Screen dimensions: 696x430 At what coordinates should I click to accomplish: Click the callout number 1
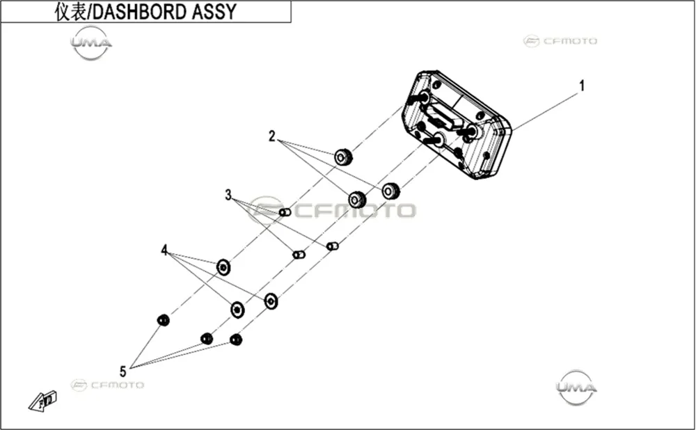(582, 86)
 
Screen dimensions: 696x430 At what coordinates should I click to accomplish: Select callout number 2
(271, 136)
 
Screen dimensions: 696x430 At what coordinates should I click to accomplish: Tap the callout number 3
(228, 195)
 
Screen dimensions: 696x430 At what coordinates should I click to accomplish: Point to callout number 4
(164, 250)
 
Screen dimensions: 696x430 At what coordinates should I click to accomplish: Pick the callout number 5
(123, 371)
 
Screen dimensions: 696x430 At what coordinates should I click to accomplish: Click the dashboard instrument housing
(457, 125)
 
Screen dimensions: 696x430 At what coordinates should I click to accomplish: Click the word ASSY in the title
(214, 12)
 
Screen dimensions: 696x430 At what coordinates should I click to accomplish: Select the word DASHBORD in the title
(141, 12)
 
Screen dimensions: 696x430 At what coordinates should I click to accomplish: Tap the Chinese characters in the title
(70, 12)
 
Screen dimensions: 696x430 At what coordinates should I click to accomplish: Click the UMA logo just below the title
(91, 43)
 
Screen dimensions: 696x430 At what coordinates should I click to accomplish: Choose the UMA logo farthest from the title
(576, 388)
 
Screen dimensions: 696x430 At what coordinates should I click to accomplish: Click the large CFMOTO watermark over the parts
(332, 210)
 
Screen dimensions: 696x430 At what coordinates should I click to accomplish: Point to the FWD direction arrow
(42, 401)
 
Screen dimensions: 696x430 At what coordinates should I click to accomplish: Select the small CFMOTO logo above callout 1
(560, 41)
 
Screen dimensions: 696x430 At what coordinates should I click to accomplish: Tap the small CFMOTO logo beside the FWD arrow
(107, 385)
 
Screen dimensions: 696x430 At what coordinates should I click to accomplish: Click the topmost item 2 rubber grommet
(343, 157)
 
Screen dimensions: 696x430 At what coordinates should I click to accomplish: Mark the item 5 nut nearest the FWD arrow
(164, 320)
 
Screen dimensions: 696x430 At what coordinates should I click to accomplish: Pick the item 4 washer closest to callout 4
(223, 268)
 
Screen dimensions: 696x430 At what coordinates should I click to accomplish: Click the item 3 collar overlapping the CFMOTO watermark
(285, 212)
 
